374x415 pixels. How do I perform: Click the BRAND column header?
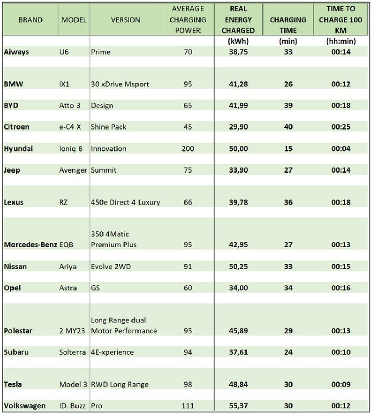(30, 20)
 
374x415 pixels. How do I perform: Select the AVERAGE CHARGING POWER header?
(188, 19)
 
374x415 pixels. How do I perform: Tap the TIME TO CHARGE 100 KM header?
(340, 19)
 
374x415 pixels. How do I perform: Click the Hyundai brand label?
(18, 149)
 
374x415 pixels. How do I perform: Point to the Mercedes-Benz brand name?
(30, 245)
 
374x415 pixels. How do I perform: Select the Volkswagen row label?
(24, 405)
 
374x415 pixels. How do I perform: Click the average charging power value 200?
(188, 149)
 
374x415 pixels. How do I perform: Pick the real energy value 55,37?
(238, 405)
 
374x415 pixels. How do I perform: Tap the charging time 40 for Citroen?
(288, 127)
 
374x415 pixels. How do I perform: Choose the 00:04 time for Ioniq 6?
(340, 149)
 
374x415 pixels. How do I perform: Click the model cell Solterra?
(73, 352)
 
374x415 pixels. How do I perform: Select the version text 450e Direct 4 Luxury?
(125, 202)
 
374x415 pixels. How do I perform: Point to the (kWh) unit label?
(238, 41)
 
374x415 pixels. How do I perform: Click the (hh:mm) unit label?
(340, 41)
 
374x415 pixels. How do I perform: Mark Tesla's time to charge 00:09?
(340, 384)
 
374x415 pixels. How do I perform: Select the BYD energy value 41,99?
(238, 105)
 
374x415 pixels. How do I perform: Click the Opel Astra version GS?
(95, 288)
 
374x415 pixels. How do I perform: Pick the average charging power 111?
(188, 405)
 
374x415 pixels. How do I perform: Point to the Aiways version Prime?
(101, 52)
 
